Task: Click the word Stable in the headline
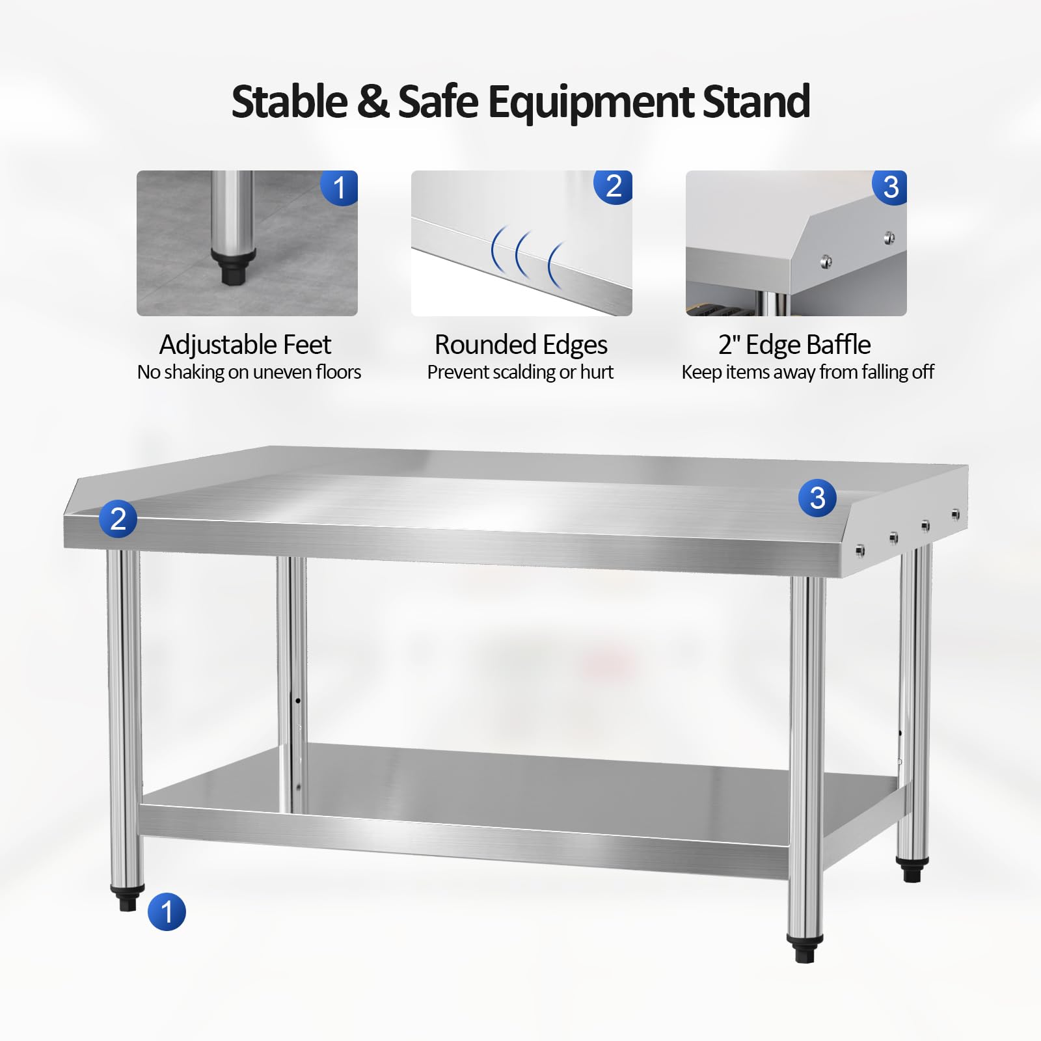pyautogui.click(x=290, y=102)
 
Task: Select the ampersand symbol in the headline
pyautogui.click(x=373, y=102)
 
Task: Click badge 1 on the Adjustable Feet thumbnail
pyautogui.click(x=339, y=188)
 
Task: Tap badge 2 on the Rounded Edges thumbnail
pyautogui.click(x=614, y=187)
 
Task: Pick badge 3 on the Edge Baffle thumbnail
pyautogui.click(x=890, y=187)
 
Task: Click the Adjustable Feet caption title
pyautogui.click(x=245, y=345)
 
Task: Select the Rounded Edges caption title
pyautogui.click(x=520, y=345)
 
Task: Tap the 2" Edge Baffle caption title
pyautogui.click(x=794, y=345)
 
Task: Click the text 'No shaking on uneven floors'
pyautogui.click(x=249, y=372)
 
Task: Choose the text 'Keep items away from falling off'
pyautogui.click(x=807, y=372)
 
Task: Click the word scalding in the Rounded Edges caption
pyautogui.click(x=524, y=372)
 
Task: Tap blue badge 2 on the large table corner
pyautogui.click(x=118, y=519)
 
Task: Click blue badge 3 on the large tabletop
pyautogui.click(x=817, y=498)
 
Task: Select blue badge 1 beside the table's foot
pyautogui.click(x=167, y=912)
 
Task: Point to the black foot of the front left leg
pyautogui.click(x=128, y=898)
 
